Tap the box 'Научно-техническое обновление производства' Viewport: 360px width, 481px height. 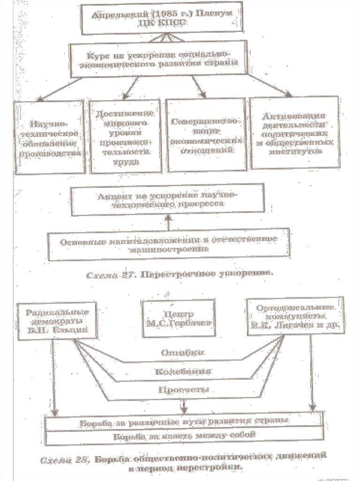[x=50, y=138]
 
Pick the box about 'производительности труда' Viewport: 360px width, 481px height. [x=125, y=138]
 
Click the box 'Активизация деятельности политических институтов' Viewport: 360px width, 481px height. [x=294, y=133]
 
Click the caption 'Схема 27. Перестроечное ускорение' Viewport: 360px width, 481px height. [x=180, y=273]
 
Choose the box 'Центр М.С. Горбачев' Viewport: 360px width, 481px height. [x=178, y=318]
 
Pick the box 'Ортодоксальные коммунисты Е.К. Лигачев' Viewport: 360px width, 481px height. [x=295, y=317]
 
